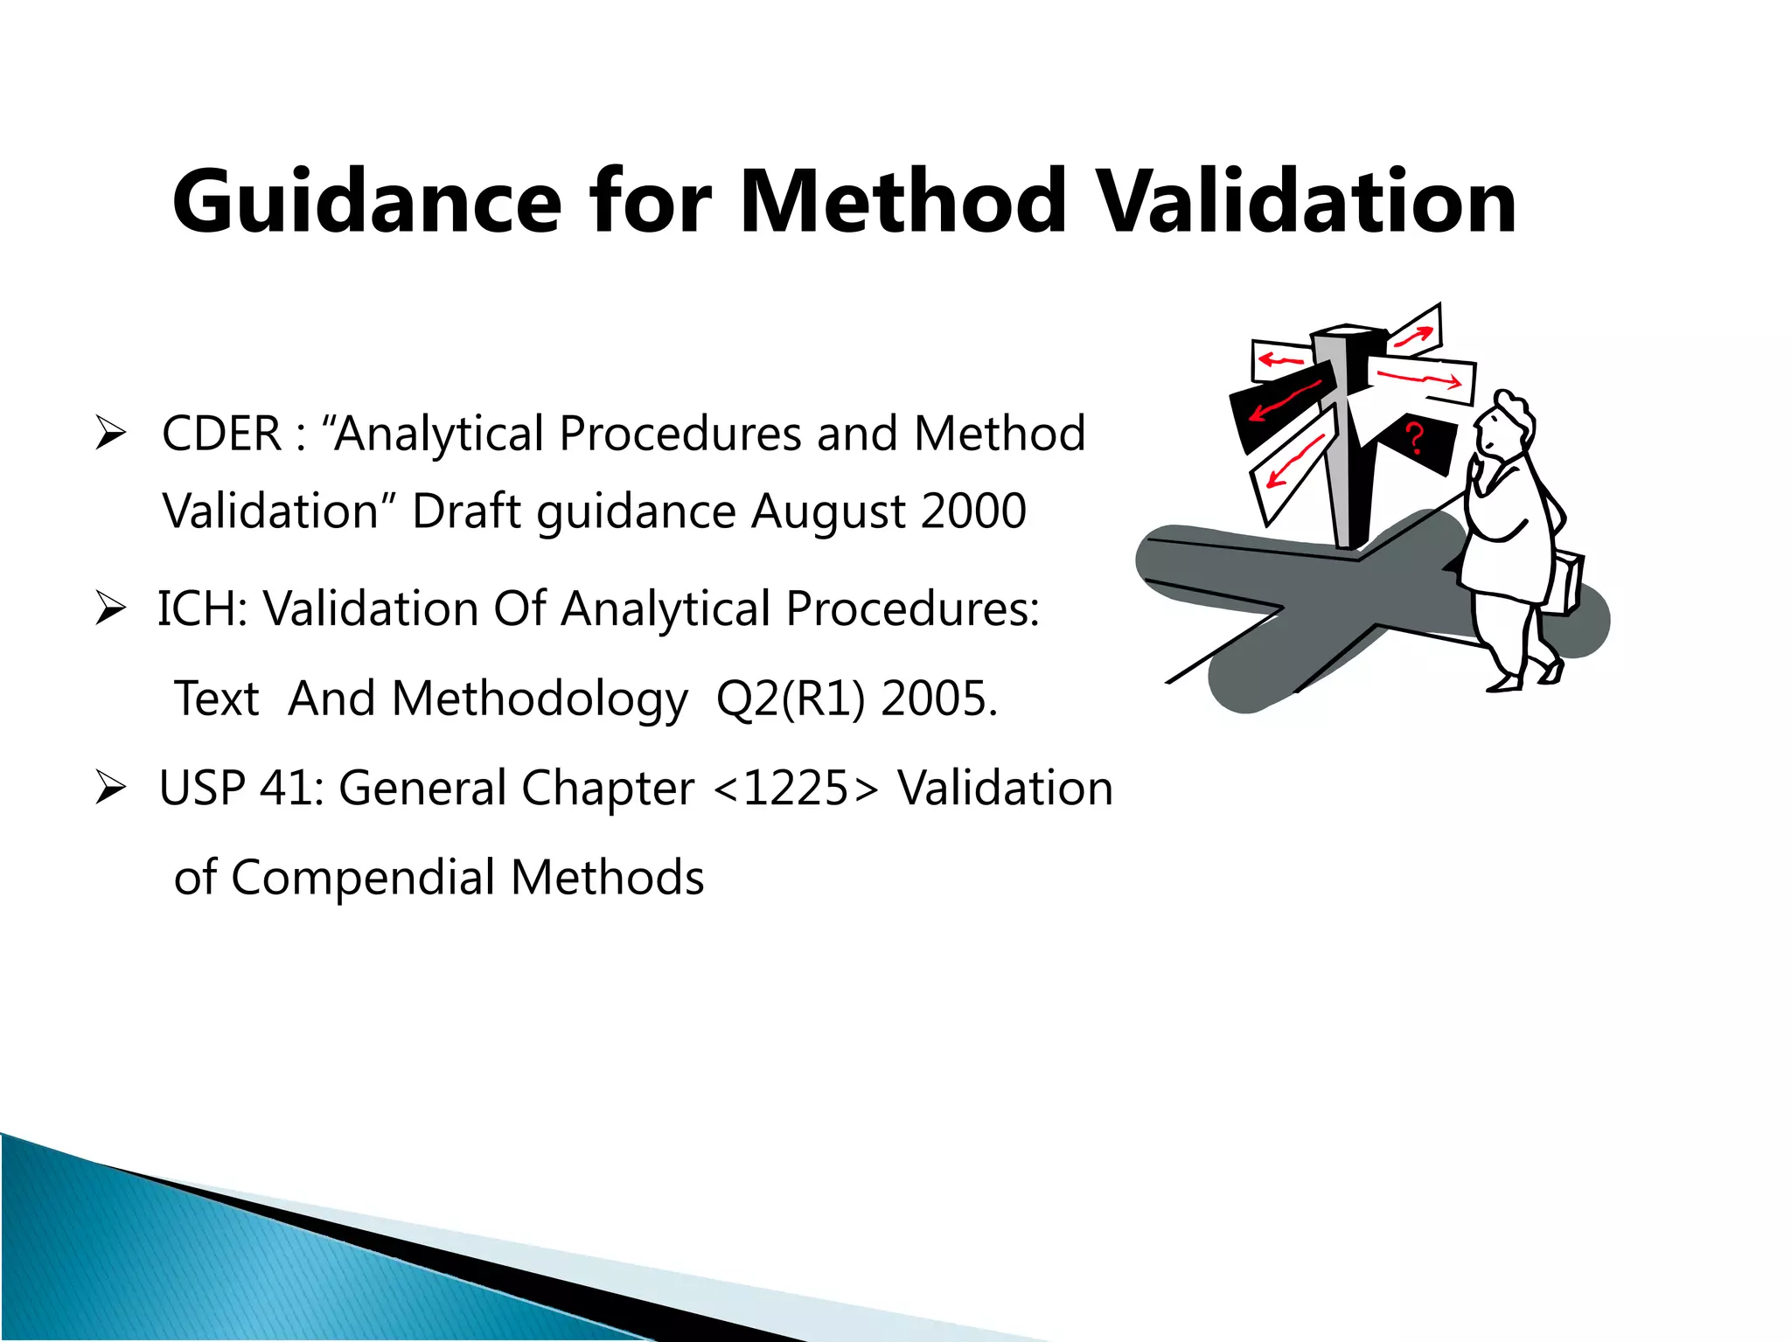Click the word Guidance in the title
(x=366, y=204)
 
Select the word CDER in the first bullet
(x=222, y=434)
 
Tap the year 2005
(x=938, y=699)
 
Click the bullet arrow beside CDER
(x=111, y=434)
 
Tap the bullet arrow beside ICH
(x=111, y=608)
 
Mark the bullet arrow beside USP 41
(x=111, y=789)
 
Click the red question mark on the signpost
(x=1414, y=437)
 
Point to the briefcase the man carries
(x=1564, y=581)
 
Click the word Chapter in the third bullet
(x=608, y=789)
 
